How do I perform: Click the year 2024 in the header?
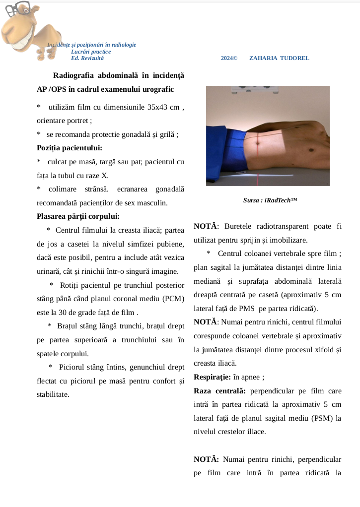pos(227,58)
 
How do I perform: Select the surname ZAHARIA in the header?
pos(263,58)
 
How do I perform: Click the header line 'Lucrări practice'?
pos(91,52)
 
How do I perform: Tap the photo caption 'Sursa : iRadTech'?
pos(270,200)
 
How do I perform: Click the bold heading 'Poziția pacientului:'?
pos(70,147)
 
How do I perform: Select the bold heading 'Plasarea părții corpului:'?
pos(78,216)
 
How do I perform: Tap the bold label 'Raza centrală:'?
pos(220,390)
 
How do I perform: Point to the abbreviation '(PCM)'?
pos(171,299)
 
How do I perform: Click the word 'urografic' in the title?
pos(158,89)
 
